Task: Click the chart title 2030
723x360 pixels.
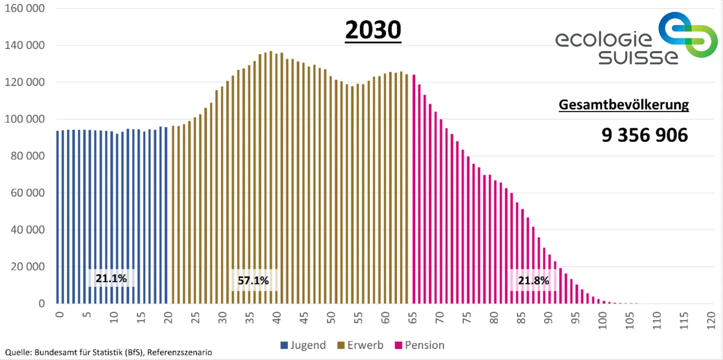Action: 373,30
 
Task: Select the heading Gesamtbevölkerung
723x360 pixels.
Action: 623,105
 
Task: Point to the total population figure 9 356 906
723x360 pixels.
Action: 645,135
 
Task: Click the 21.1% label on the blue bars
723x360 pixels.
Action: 111,279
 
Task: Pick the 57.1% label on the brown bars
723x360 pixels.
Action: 253,281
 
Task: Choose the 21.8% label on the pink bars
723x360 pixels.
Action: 533,281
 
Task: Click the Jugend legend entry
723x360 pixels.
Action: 303,345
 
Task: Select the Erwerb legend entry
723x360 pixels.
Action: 364,345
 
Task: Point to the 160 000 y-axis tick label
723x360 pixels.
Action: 25,9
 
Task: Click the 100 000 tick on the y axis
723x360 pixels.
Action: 25,119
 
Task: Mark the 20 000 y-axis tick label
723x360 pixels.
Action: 27,267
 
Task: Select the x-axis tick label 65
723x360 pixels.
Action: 412,318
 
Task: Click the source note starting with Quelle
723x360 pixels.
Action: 109,353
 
